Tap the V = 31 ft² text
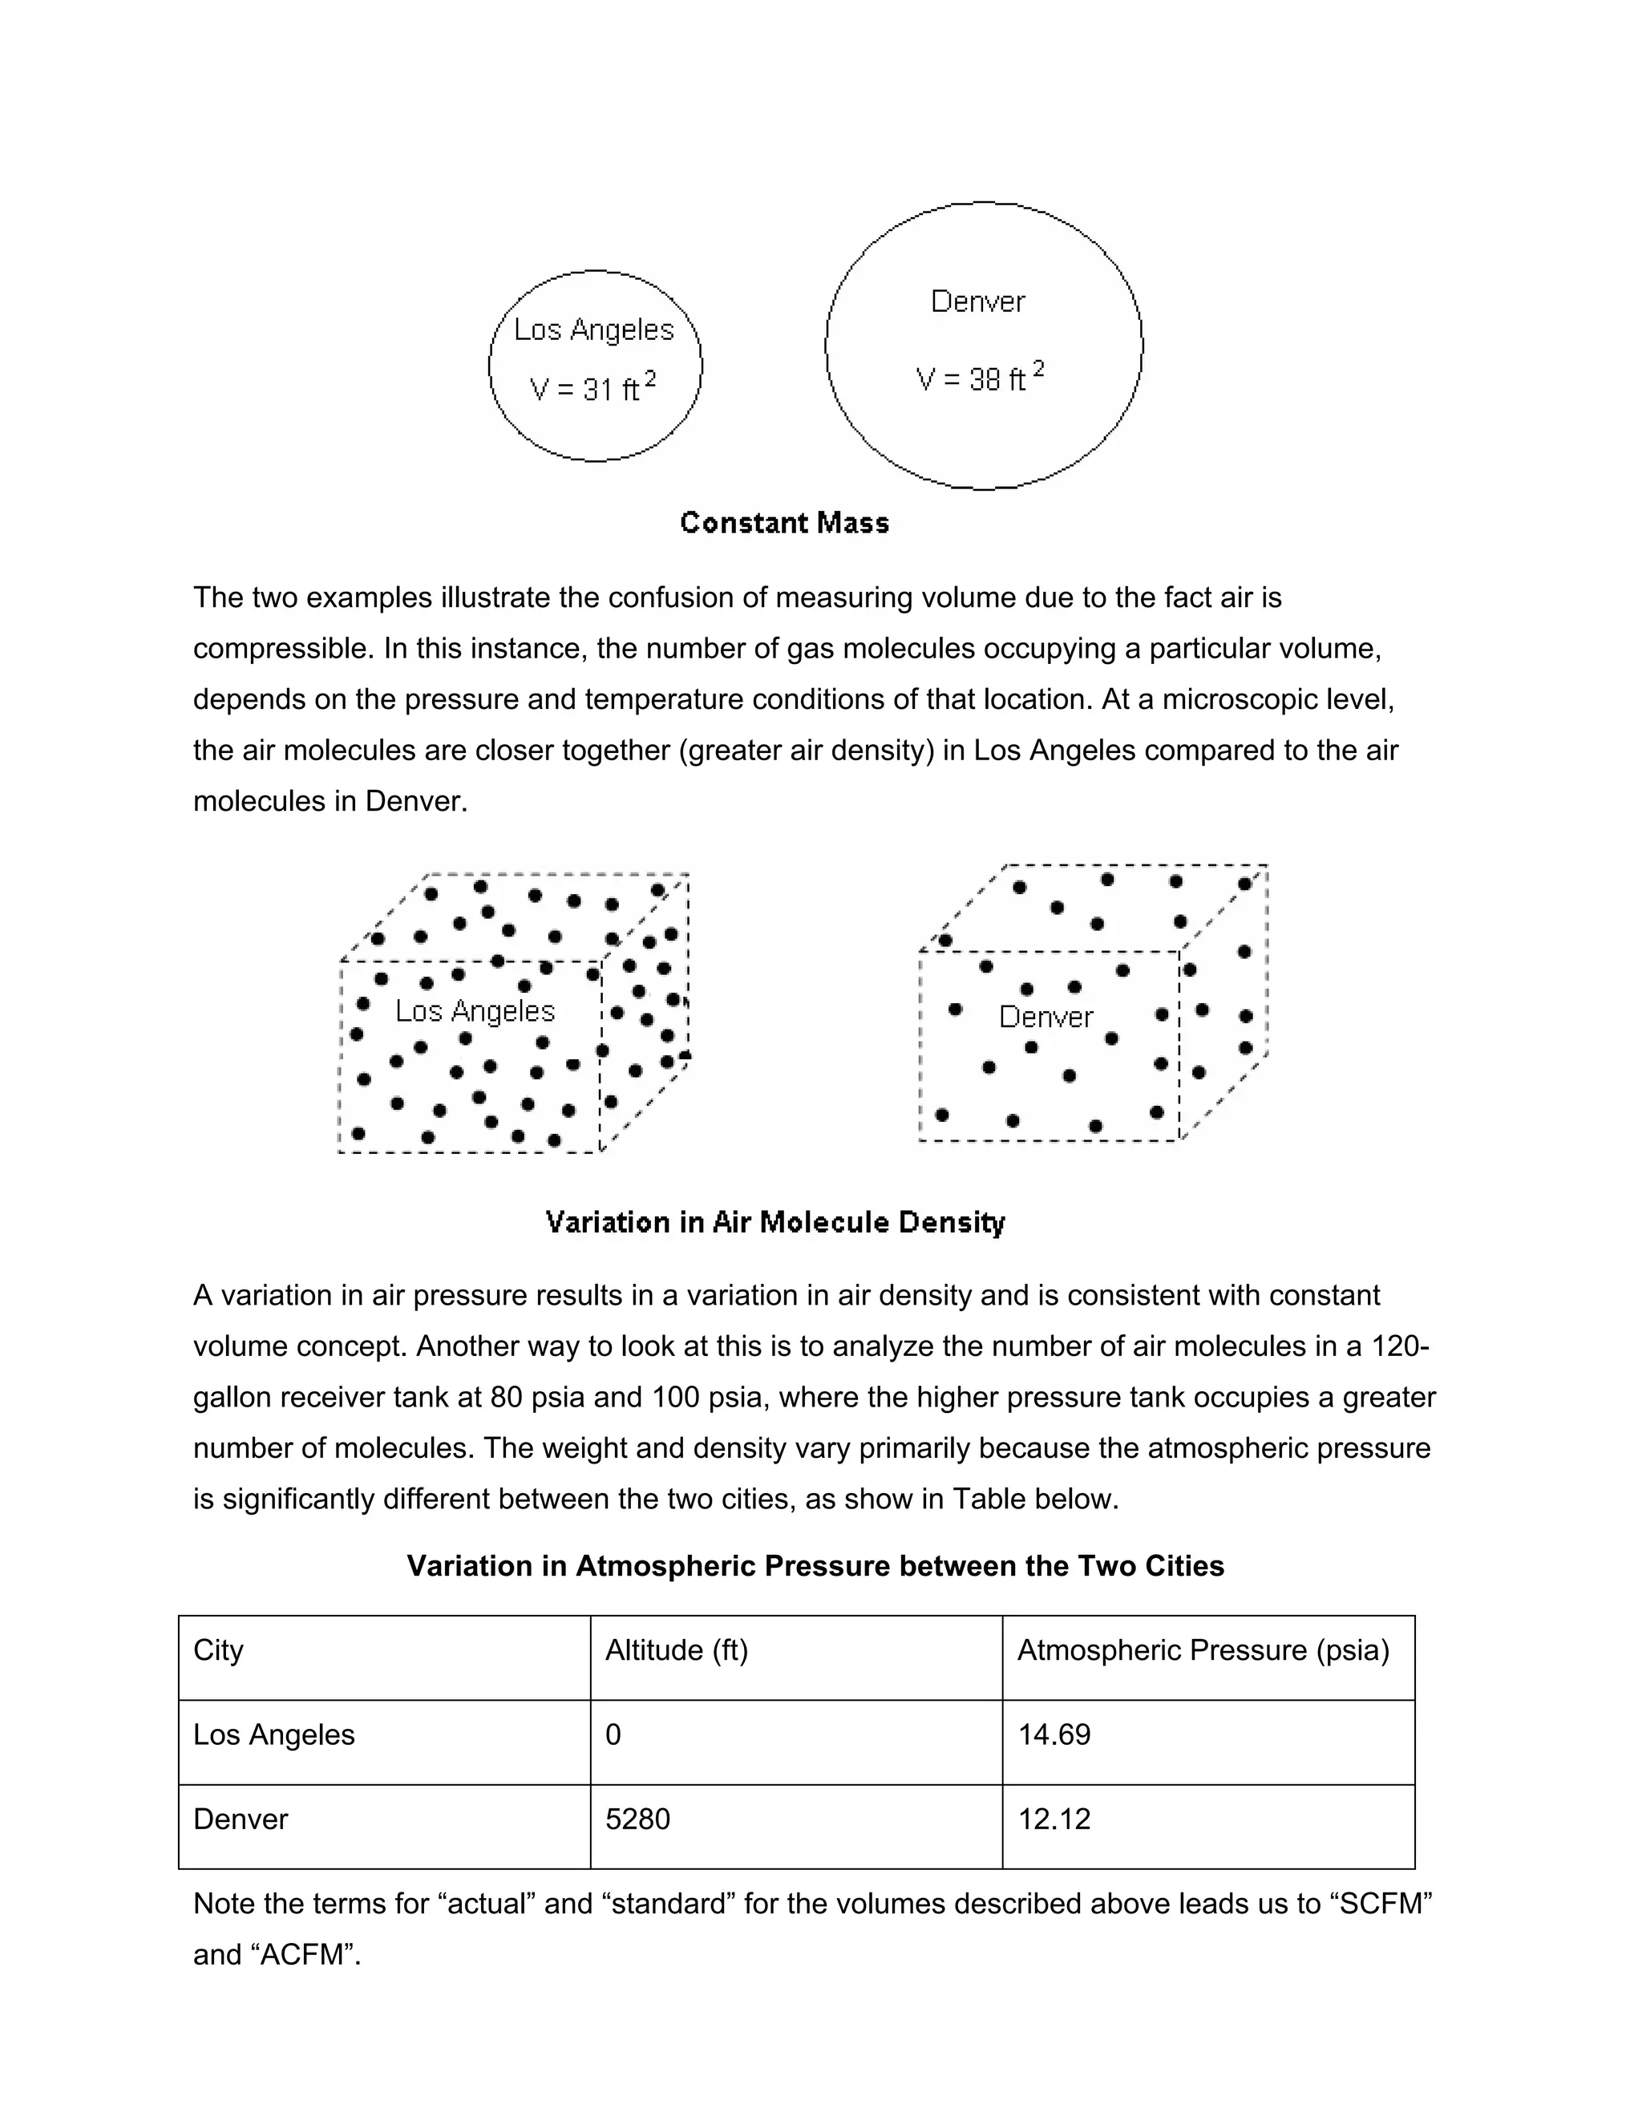(592, 388)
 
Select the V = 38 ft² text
(980, 378)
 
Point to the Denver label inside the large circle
(977, 302)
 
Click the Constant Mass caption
(784, 524)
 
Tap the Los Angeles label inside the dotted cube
(475, 1012)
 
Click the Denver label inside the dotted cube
(1045, 1018)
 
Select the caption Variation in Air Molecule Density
(774, 1222)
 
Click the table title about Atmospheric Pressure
(815, 1565)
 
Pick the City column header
(219, 1650)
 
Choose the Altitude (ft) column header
(676, 1650)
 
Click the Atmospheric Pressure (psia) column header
(1203, 1650)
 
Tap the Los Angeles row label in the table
(274, 1734)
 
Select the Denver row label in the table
(241, 1819)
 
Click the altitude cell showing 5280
(637, 1819)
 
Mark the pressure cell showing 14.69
(1054, 1734)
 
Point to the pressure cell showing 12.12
(1054, 1819)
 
